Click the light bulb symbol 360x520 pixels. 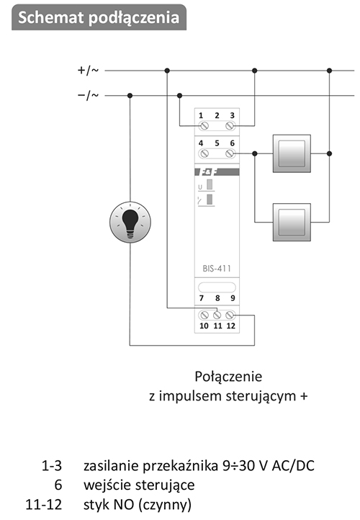[x=130, y=222]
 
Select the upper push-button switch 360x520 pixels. [x=292, y=153]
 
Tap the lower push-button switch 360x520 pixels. [x=292, y=223]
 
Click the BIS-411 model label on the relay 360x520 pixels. [x=217, y=269]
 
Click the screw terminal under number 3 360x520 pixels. [x=230, y=126]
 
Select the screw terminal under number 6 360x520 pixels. [x=230, y=153]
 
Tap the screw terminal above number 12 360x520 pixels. [x=230, y=315]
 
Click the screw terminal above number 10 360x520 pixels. [x=204, y=315]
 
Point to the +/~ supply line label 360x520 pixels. [x=88, y=71]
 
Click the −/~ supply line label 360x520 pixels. [x=88, y=96]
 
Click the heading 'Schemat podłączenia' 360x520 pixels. [x=99, y=17]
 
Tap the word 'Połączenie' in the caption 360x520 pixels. [x=228, y=377]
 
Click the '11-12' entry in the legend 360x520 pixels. [x=44, y=504]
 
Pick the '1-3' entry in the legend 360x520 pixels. [x=52, y=465]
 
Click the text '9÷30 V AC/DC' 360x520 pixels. [x=268, y=465]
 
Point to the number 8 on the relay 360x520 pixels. [x=217, y=298]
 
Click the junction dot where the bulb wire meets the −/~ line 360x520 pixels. [x=130, y=96]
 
